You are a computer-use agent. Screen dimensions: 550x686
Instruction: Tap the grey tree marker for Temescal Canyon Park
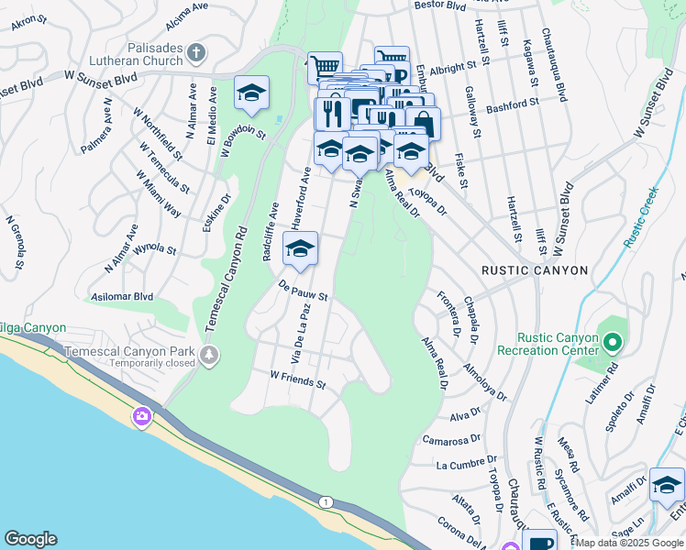point(210,355)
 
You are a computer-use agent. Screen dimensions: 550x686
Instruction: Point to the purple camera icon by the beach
point(141,417)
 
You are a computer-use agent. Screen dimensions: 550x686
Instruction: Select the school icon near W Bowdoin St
point(251,93)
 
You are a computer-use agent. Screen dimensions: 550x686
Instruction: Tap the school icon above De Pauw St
point(300,248)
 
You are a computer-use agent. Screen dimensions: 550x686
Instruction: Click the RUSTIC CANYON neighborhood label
point(534,271)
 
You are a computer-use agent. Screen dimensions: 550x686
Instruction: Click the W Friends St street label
point(298,379)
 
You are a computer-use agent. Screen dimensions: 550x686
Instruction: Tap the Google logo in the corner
point(30,539)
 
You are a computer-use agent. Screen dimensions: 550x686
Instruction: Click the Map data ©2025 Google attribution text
point(629,543)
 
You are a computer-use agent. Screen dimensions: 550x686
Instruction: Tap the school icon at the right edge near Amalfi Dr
point(667,486)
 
